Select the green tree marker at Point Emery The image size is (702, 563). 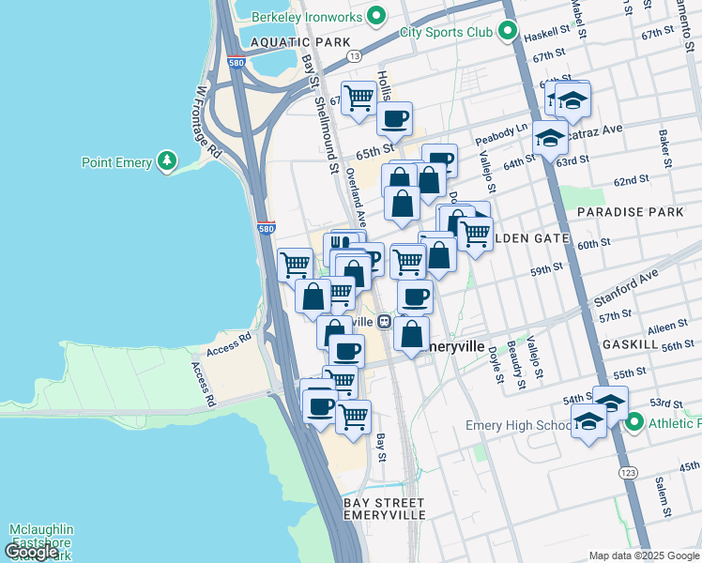point(168,162)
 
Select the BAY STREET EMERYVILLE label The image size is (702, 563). point(384,510)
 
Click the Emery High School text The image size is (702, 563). point(516,426)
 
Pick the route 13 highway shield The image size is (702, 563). point(353,57)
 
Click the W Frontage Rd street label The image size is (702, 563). point(207,123)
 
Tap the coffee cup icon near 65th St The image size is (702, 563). point(395,118)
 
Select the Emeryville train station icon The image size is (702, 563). point(385,321)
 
